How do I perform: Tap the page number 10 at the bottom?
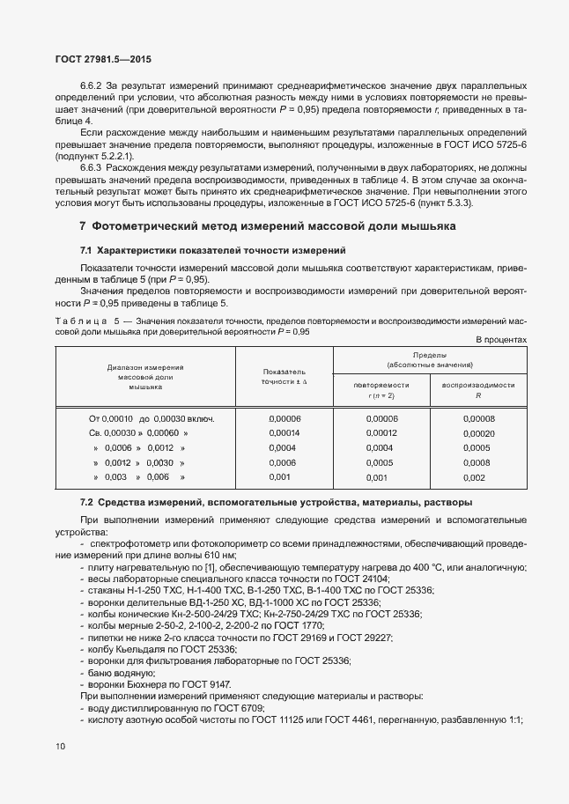tap(60, 746)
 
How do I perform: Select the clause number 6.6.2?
tap(93, 87)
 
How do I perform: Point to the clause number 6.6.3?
tap(93, 166)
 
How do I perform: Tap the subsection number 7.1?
tap(86, 251)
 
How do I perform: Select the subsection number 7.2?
tap(86, 502)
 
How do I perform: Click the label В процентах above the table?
tap(501, 339)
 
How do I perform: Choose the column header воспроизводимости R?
tap(478, 390)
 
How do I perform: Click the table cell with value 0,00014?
tap(284, 433)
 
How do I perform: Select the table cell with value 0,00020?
tap(479, 433)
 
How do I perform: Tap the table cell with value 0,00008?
tap(479, 418)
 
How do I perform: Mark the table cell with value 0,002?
tap(474, 477)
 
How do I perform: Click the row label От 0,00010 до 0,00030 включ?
tap(151, 418)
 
